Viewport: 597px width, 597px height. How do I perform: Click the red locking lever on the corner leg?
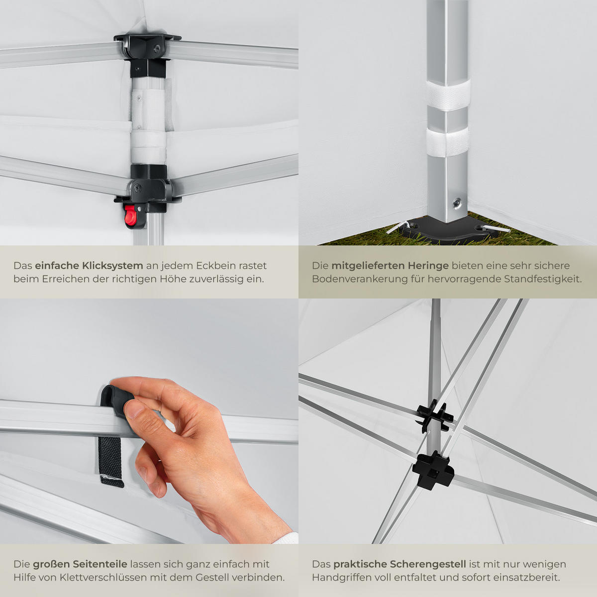click(x=131, y=215)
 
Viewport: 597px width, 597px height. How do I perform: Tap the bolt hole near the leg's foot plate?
click(x=456, y=203)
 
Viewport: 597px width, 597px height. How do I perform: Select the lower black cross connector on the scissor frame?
click(x=433, y=470)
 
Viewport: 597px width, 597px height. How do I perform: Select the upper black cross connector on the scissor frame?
click(x=434, y=415)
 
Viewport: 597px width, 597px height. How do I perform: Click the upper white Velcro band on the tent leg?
click(x=448, y=95)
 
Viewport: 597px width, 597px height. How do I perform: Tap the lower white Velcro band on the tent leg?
click(x=447, y=142)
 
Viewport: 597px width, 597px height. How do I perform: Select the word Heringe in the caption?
click(x=428, y=266)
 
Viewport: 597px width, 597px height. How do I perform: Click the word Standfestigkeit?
click(x=543, y=279)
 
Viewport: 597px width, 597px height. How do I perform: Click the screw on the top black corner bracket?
click(x=157, y=48)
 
